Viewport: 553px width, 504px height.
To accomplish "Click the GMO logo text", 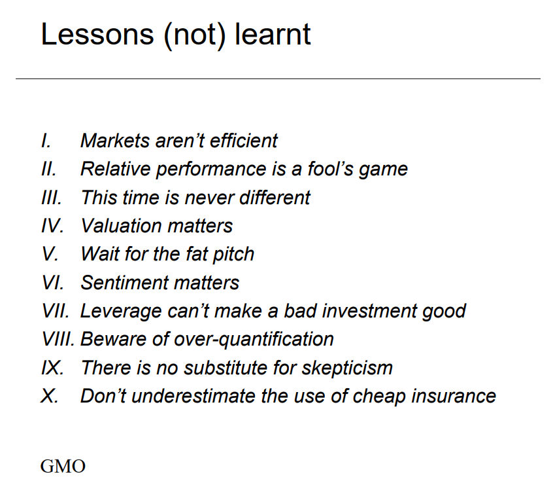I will [x=63, y=467].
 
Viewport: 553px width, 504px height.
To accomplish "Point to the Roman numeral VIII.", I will [x=59, y=339].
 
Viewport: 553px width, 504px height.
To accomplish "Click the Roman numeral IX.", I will [x=52, y=367].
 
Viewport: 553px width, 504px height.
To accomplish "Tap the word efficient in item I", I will [x=243, y=140].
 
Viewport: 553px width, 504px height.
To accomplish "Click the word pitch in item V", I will [x=229, y=254].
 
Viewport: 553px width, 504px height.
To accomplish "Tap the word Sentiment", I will [x=122, y=282].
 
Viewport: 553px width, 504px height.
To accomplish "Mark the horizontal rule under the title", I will [x=278, y=79].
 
